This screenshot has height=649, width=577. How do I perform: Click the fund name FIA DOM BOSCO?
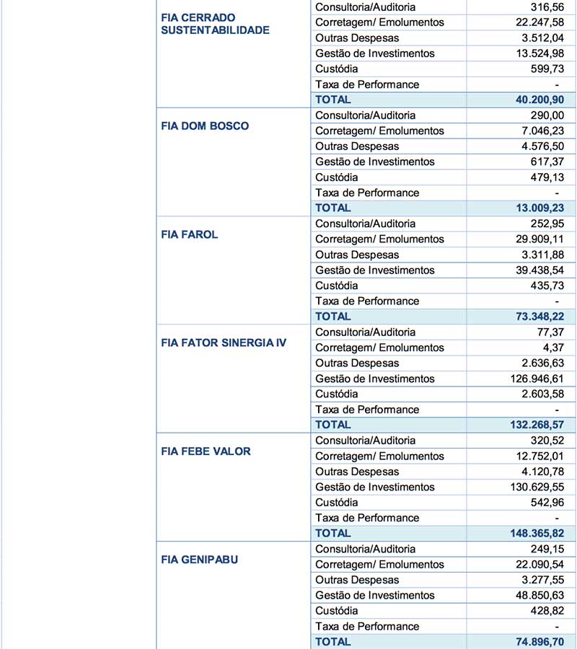point(205,126)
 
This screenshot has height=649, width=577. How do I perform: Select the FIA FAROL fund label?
point(190,234)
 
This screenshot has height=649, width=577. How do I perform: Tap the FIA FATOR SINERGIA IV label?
point(224,343)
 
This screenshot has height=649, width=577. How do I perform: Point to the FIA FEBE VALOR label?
point(206,451)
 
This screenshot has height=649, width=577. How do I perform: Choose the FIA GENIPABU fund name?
point(200,560)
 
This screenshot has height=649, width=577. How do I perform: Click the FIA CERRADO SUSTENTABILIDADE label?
point(215,24)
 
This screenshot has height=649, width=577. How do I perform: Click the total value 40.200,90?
point(540,100)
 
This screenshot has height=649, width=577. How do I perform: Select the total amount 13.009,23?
point(540,208)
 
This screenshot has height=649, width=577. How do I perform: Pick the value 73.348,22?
point(540,316)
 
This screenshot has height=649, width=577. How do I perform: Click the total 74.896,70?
point(540,641)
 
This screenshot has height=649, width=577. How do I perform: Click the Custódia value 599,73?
point(548,69)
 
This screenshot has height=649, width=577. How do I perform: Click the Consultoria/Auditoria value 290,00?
point(548,115)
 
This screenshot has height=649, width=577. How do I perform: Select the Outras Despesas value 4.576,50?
point(544,146)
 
